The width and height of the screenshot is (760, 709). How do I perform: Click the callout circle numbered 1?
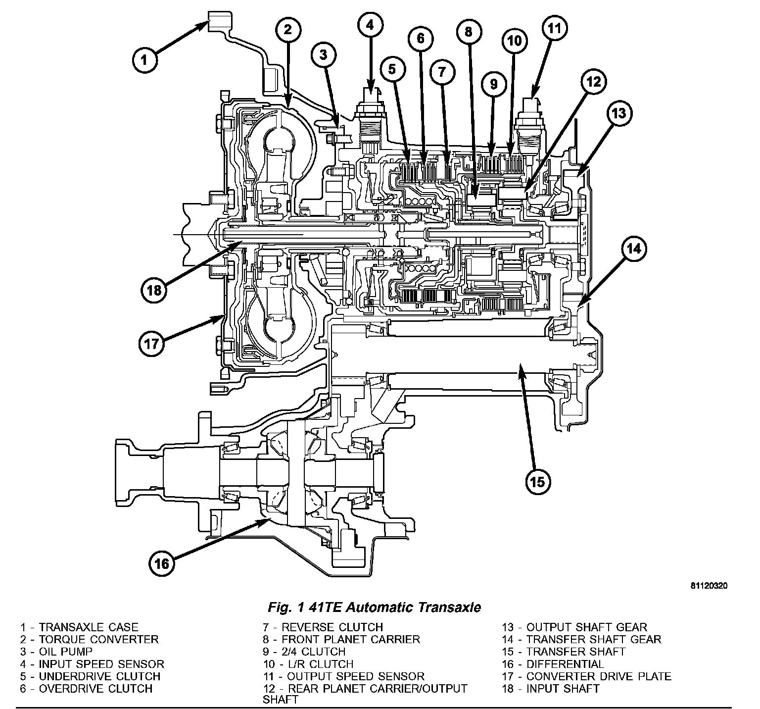pyautogui.click(x=144, y=60)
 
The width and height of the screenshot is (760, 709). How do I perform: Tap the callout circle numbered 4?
pyautogui.click(x=371, y=26)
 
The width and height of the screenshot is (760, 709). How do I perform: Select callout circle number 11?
pyautogui.click(x=554, y=28)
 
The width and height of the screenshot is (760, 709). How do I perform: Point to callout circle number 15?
pyautogui.click(x=537, y=481)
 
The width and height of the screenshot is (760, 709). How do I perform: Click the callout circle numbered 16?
pyautogui.click(x=162, y=563)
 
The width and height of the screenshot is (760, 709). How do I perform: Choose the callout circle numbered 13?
pyautogui.click(x=618, y=113)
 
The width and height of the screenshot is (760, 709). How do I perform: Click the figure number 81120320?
pyautogui.click(x=709, y=586)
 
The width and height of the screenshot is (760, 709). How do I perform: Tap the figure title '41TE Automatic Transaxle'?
pyautogui.click(x=374, y=607)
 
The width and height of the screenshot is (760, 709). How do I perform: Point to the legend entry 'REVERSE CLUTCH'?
pyautogui.click(x=323, y=628)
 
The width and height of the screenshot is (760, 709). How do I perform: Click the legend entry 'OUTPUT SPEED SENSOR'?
pyautogui.click(x=344, y=676)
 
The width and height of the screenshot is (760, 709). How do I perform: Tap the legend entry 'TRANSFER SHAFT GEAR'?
pyautogui.click(x=581, y=640)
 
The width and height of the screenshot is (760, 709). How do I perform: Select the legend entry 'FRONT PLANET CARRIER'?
pyautogui.click(x=341, y=640)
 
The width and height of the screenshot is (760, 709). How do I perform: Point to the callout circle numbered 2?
pyautogui.click(x=288, y=29)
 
